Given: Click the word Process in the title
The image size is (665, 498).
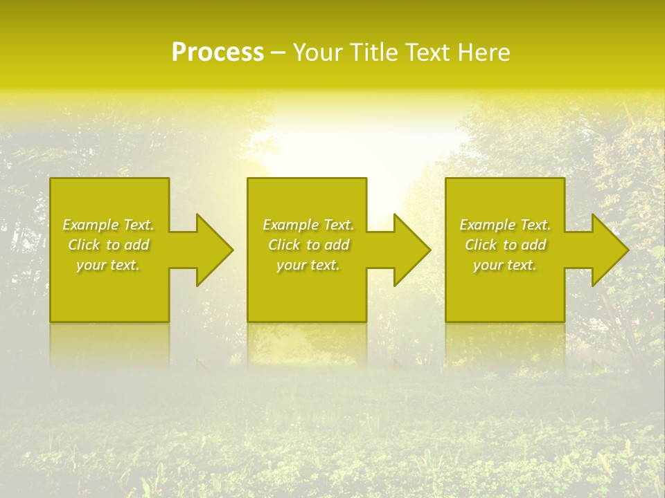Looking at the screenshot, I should [x=218, y=53].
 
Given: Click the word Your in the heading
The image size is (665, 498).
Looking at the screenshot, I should [x=319, y=53].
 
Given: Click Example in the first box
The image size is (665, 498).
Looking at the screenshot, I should [x=91, y=225].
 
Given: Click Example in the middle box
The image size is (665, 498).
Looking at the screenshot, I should [x=291, y=225].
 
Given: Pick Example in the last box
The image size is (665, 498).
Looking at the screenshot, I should [x=488, y=225].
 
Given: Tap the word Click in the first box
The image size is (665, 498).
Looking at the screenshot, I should [x=84, y=245].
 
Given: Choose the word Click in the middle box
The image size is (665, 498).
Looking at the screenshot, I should [x=284, y=245].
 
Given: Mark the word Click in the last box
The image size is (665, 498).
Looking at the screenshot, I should [x=481, y=245].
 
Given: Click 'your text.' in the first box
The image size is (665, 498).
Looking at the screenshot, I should [x=108, y=265].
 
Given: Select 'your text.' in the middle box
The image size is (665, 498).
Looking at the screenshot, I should [x=308, y=265].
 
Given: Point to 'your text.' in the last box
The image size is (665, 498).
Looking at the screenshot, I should [x=504, y=265].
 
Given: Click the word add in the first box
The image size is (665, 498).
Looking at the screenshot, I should [x=136, y=245].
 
